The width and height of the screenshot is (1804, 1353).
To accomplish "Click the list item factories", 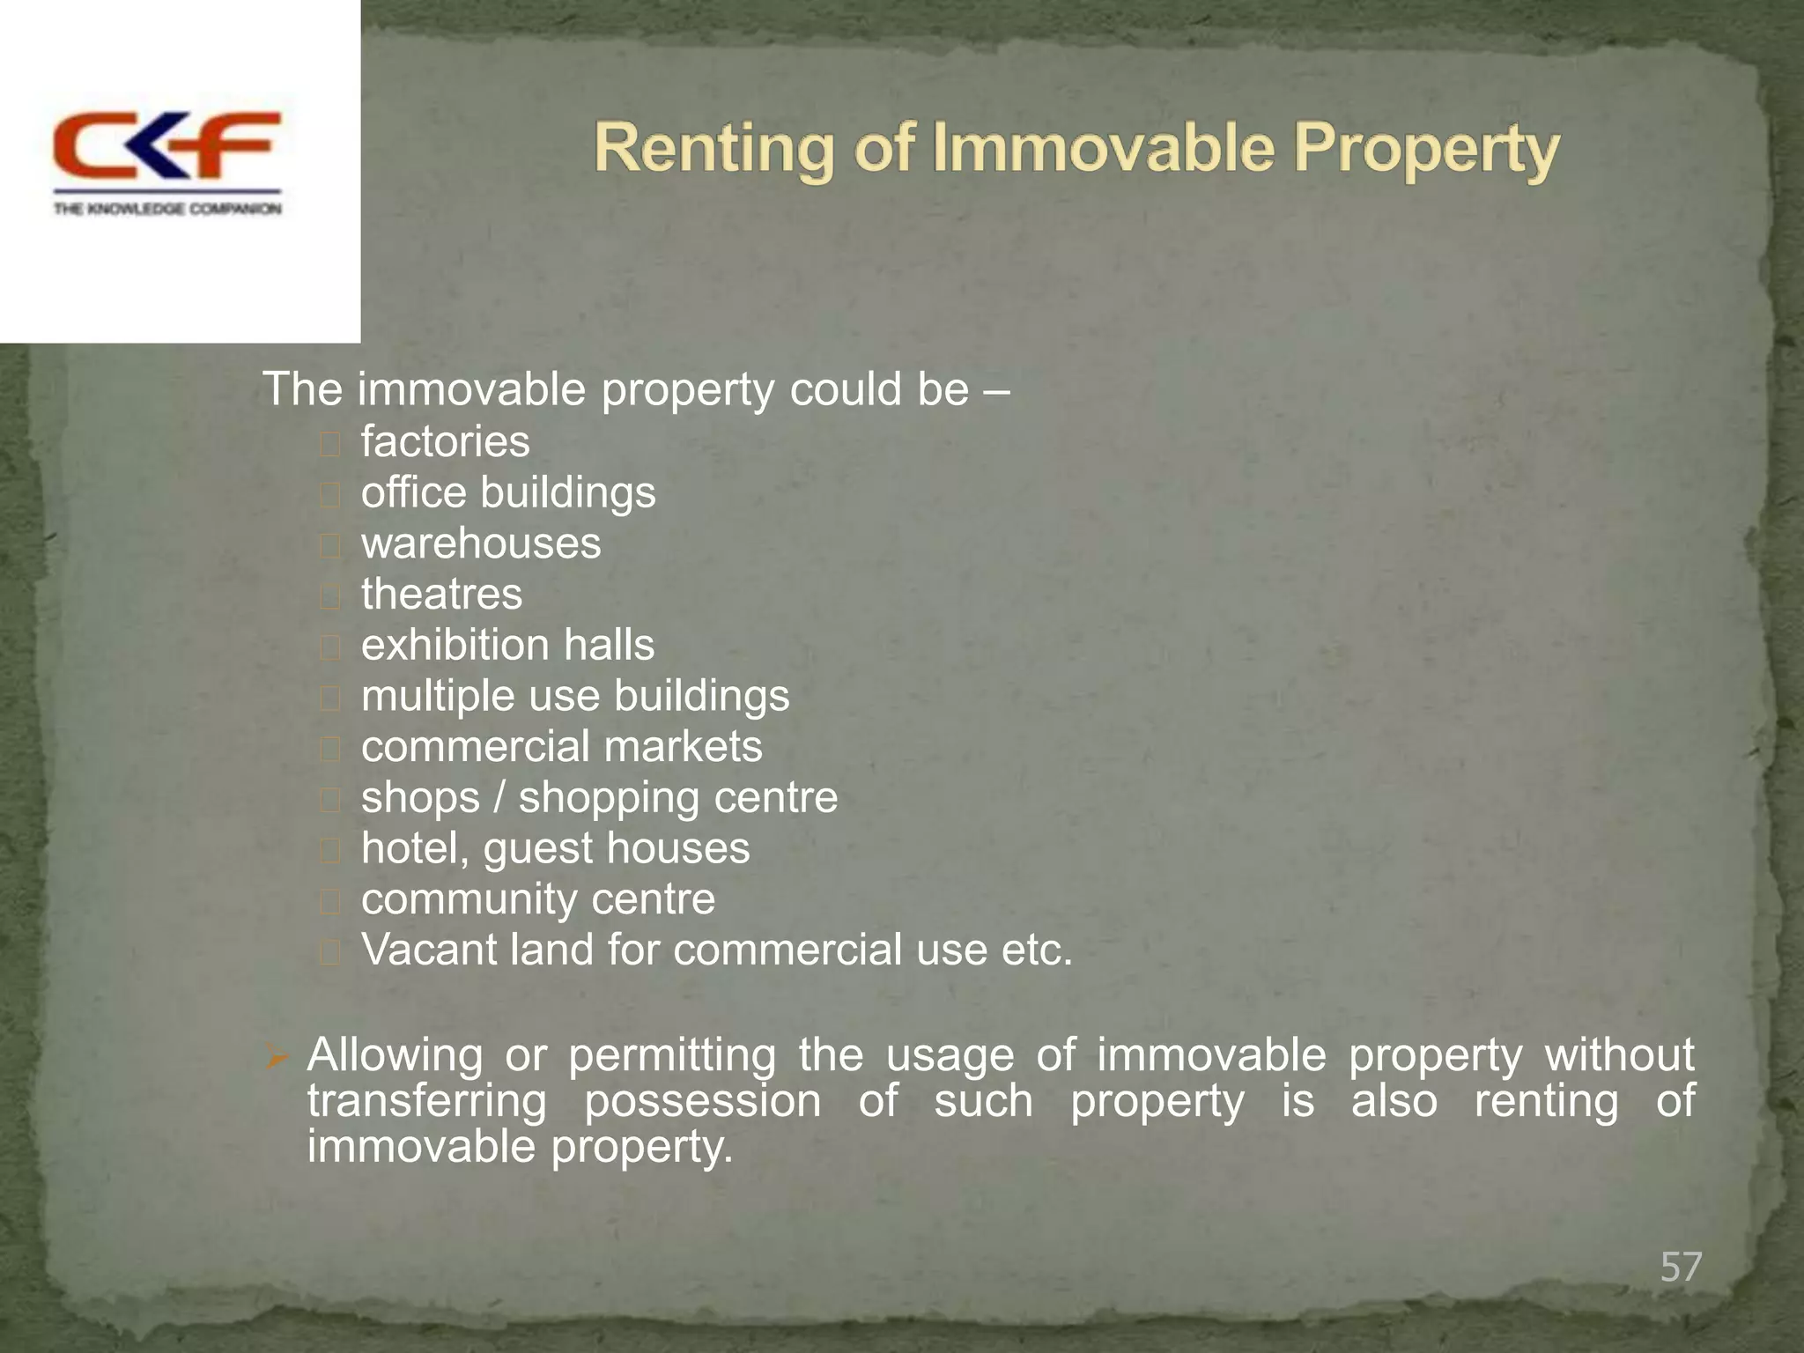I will coord(445,441).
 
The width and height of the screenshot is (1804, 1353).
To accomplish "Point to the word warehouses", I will coord(481,543).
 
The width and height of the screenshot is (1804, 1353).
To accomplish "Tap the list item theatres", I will coord(441,595).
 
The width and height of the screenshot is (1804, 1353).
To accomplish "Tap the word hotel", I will coord(414,848).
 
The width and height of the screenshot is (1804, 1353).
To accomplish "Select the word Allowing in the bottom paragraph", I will coord(395,1055).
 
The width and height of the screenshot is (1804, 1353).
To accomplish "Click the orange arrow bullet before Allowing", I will coord(277,1057).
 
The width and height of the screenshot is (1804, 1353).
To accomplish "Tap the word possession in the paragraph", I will coord(702,1101).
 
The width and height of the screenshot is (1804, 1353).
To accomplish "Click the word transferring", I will coord(427,1101).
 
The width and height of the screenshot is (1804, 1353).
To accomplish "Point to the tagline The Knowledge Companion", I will coord(167,209).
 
